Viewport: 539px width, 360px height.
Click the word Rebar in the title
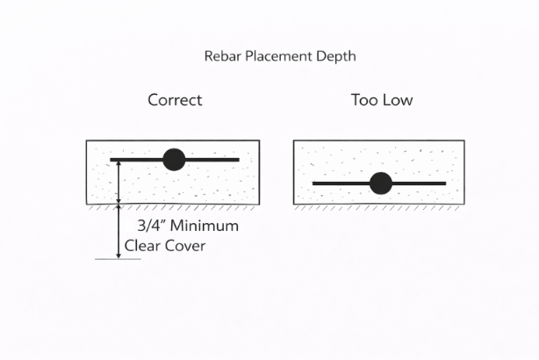point(223,56)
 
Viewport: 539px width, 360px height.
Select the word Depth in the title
point(337,56)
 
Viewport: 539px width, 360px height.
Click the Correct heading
point(175,100)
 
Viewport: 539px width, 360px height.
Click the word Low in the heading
point(397,100)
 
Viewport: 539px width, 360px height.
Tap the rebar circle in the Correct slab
point(174,159)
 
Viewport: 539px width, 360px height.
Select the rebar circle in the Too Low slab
point(380,183)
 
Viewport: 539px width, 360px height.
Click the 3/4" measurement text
point(152,226)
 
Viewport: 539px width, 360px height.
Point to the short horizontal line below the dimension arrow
point(118,259)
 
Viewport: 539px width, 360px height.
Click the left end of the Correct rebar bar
point(112,159)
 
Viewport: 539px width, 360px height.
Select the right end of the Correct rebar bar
point(238,159)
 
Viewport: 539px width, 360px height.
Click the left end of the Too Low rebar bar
point(315,183)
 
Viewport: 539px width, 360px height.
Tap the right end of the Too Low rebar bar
point(444,183)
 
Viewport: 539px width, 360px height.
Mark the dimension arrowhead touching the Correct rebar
point(119,164)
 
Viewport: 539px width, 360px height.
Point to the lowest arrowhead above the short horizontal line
point(119,254)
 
